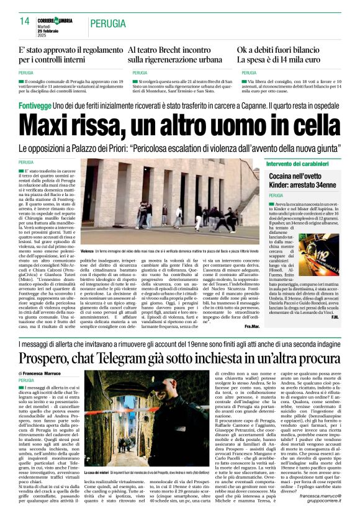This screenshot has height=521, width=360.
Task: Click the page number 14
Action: coord(25,22)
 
